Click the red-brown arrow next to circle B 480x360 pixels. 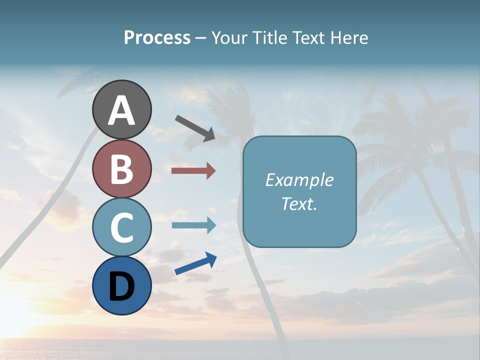pos(193,171)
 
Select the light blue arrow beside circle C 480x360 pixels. pos(193,225)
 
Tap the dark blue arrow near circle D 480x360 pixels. pos(195,264)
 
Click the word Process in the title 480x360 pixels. pos(157,38)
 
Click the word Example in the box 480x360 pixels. pos(299,180)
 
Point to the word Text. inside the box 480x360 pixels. pos(299,203)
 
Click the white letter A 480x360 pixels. pos(121,111)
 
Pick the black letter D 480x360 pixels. pos(121,287)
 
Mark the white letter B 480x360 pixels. pos(121,169)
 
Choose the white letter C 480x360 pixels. pos(121,227)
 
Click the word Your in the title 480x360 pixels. pos(229,38)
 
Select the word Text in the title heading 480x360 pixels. pos(307,38)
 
